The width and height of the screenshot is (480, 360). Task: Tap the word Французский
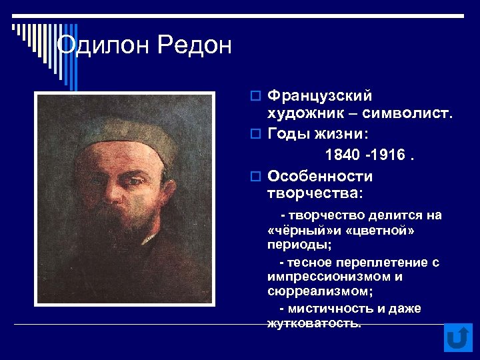[320, 97]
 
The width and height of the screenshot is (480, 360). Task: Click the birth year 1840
[341, 155]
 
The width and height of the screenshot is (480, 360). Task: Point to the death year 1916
[389, 155]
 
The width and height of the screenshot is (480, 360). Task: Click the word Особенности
[320, 176]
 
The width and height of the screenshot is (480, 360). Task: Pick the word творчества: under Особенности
[315, 193]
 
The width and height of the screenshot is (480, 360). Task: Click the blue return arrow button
[457, 337]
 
